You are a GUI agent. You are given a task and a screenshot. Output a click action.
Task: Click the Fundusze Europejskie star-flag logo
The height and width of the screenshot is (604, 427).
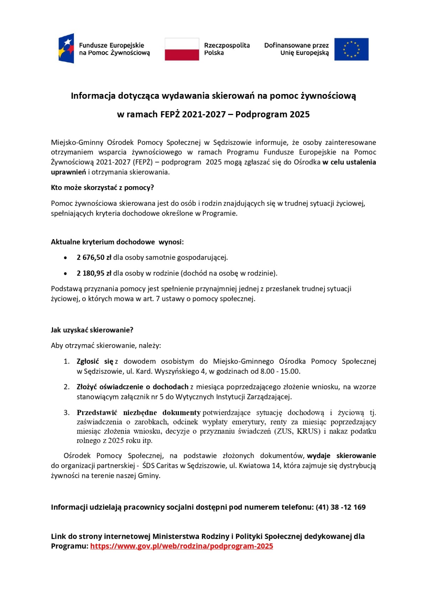(x=66, y=48)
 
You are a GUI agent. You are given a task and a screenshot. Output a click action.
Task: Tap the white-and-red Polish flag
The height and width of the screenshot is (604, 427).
(x=182, y=49)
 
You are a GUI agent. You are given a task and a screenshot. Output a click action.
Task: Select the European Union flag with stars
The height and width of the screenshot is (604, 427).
(x=351, y=49)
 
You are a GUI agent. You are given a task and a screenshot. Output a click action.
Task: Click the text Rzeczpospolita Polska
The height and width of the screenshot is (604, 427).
(x=227, y=49)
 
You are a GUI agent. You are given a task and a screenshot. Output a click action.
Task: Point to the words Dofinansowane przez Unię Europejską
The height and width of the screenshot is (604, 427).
(x=296, y=49)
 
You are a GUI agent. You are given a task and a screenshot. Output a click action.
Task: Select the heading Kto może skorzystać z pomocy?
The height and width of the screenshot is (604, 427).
(x=102, y=188)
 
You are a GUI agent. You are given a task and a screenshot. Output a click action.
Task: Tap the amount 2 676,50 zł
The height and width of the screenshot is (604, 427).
(x=94, y=257)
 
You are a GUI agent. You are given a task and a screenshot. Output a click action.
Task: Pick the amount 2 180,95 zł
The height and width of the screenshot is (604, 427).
(x=94, y=273)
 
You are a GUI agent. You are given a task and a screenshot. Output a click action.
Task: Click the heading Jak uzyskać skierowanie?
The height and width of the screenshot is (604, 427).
(x=92, y=330)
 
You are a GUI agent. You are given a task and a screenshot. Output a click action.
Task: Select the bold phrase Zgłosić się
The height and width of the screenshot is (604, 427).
(x=95, y=361)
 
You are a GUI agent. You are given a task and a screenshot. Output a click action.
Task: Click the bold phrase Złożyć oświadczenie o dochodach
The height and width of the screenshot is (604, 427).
(x=132, y=387)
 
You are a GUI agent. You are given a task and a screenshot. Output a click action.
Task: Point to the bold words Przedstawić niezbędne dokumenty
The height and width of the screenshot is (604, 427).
(x=138, y=413)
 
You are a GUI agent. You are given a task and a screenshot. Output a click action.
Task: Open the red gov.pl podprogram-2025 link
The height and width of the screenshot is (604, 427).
(x=181, y=546)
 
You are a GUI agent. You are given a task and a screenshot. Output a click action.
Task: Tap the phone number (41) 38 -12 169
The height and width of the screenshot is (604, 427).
(x=341, y=507)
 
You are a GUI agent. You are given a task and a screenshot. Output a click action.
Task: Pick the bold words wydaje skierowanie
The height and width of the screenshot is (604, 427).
(x=341, y=456)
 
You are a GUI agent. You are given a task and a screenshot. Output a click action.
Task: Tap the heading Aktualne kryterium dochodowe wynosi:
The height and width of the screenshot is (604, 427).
(x=117, y=242)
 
